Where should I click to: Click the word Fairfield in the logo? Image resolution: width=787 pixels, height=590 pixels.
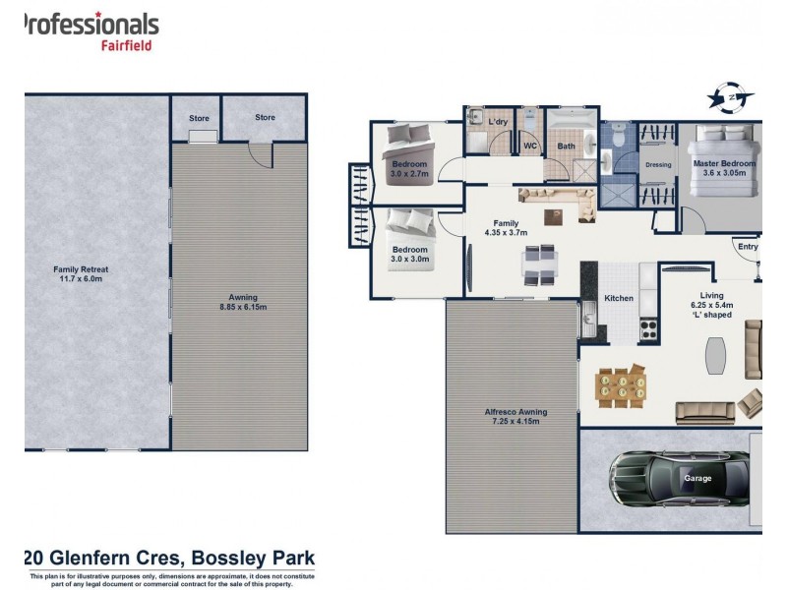127,44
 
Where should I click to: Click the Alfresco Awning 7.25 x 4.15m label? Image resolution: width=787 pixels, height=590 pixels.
511,416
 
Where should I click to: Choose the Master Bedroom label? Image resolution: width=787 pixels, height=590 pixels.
724,168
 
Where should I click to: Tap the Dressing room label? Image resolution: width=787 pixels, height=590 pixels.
657,165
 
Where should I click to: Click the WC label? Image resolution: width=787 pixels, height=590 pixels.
529,147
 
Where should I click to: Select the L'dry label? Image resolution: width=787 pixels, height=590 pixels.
498,122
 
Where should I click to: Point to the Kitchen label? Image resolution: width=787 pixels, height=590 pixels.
619,298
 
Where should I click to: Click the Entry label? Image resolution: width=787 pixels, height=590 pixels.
748,247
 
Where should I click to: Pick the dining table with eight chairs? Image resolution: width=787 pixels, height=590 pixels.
621,384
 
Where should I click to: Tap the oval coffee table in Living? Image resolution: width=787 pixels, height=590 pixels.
715,355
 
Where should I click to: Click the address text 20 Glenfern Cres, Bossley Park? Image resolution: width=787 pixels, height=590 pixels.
168,558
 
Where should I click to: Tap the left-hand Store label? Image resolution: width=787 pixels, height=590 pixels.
199,118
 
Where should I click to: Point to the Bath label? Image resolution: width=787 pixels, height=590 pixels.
567,147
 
